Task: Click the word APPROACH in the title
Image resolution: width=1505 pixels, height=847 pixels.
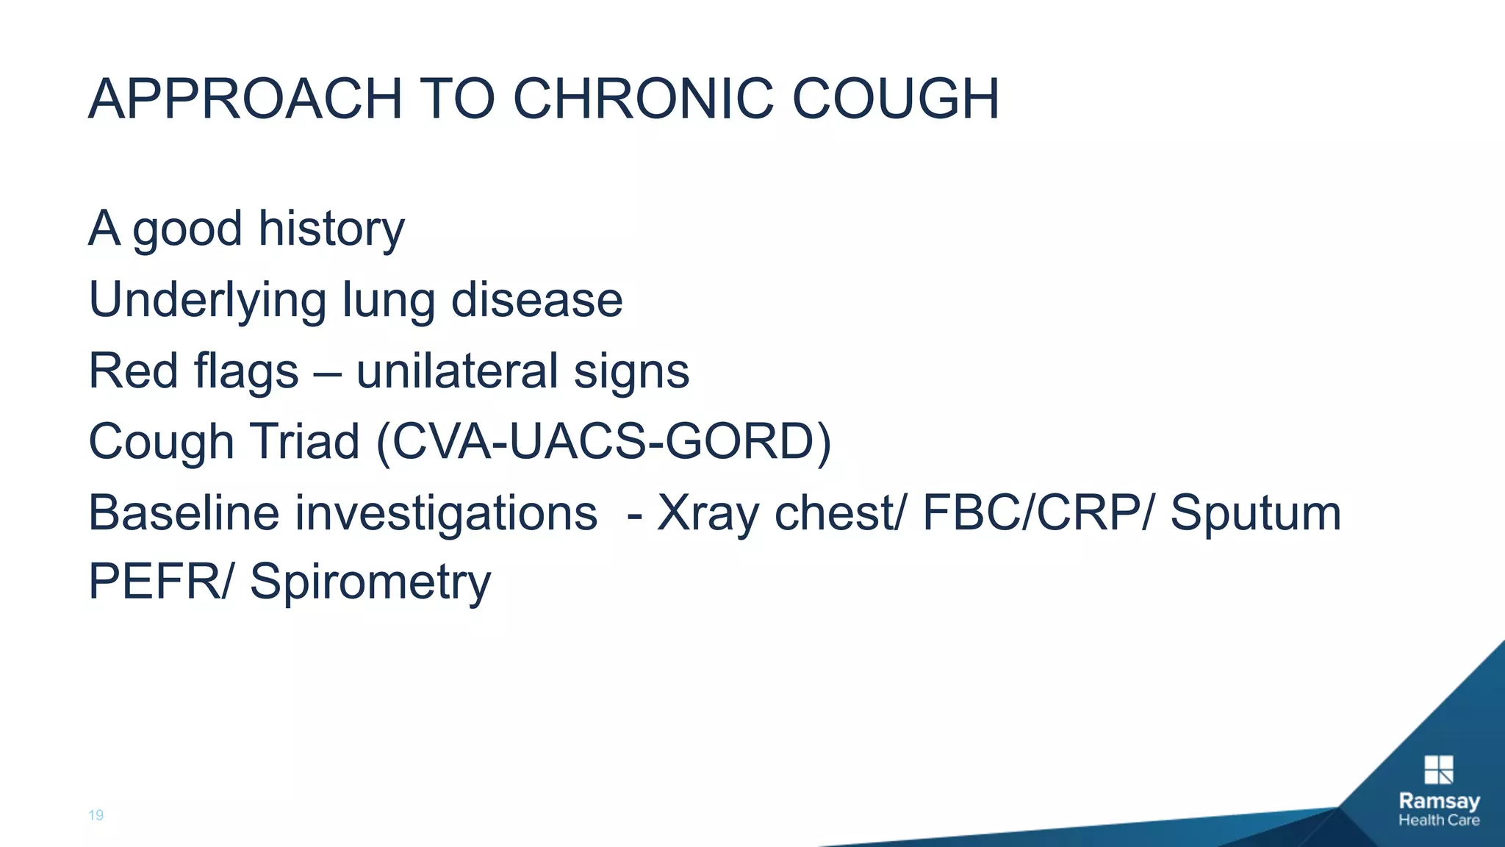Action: [x=245, y=99]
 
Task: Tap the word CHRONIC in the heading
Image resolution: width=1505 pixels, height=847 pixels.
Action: [x=643, y=99]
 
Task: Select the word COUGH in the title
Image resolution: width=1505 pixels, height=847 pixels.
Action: [x=895, y=99]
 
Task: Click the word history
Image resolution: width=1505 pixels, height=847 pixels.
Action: [x=331, y=229]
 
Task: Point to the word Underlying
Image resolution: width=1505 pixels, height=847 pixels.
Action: [x=207, y=301]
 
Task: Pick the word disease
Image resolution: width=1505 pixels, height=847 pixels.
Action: [x=536, y=301]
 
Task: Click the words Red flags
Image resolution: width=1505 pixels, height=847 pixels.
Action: [x=193, y=371]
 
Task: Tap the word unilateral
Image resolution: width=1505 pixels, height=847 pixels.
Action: [x=457, y=371]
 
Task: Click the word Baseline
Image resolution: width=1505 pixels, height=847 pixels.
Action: [x=184, y=512]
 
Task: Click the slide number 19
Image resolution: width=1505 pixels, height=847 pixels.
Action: [x=96, y=815]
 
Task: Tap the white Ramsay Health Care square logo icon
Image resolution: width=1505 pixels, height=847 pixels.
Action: [x=1438, y=770]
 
